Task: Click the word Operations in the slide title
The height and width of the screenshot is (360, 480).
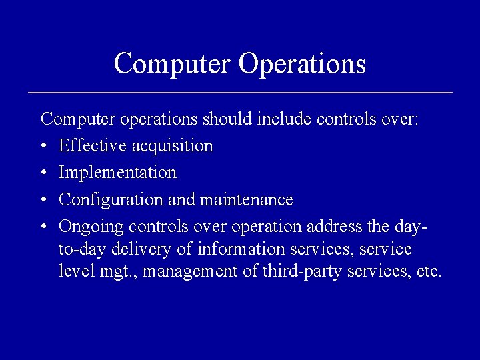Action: [x=302, y=64]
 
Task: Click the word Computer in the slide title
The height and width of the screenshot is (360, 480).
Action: [x=172, y=64]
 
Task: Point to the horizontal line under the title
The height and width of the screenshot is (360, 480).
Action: [x=240, y=92]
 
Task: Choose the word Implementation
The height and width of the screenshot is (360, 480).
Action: [x=117, y=173]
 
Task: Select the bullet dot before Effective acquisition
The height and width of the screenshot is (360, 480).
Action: [x=44, y=146]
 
